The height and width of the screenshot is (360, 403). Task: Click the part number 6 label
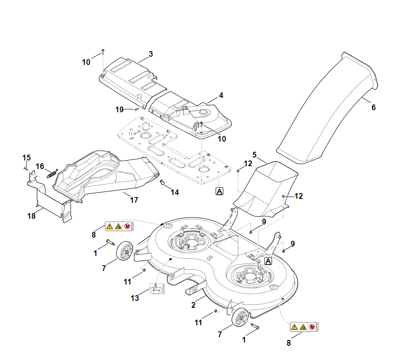(373, 108)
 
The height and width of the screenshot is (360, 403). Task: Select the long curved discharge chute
(327, 110)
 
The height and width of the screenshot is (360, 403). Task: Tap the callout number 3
(151, 54)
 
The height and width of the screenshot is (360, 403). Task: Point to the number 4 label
(221, 96)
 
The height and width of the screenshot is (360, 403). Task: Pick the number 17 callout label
(134, 200)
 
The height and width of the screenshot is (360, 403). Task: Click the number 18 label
(31, 216)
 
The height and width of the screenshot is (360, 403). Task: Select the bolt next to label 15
(26, 168)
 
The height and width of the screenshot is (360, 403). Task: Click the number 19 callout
(119, 109)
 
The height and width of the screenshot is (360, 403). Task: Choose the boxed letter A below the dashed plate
(219, 191)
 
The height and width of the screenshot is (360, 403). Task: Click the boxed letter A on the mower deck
(268, 261)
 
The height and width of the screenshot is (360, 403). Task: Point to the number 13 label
(135, 298)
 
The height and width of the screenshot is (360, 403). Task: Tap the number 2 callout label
(193, 304)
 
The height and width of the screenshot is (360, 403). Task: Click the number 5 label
(254, 155)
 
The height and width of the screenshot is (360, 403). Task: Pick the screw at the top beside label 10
(103, 51)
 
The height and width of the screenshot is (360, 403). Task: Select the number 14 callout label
(175, 193)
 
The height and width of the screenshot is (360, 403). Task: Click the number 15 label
(27, 158)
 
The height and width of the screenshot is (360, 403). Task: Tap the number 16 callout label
(40, 166)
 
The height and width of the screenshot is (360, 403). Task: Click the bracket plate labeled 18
(51, 202)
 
